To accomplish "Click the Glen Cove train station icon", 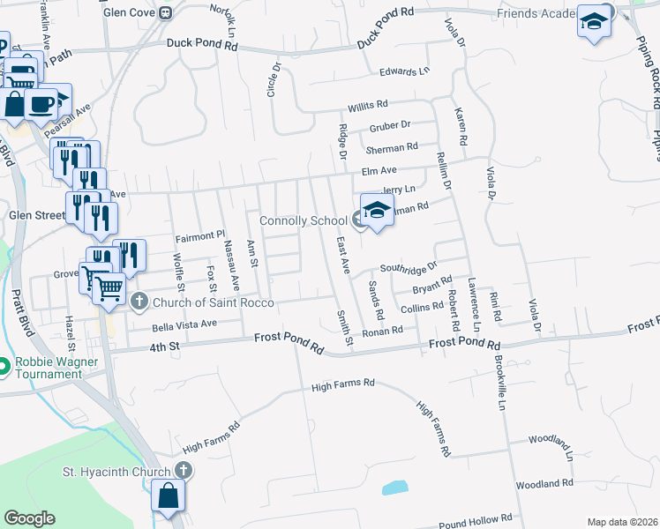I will [x=165, y=12].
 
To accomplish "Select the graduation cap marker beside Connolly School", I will [x=377, y=212].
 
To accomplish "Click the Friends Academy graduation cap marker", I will [x=595, y=22].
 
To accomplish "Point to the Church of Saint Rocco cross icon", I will [x=139, y=302].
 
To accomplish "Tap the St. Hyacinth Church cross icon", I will [x=183, y=471].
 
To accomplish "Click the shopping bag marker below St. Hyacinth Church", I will [x=168, y=496].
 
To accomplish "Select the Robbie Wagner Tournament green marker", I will [x=4, y=365].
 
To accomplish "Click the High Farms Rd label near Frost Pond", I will [x=344, y=384].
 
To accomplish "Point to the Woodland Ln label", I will [x=551, y=438].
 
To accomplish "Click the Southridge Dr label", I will [x=409, y=266].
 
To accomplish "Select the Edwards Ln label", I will [x=404, y=71].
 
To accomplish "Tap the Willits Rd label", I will [x=368, y=105].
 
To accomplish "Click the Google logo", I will [x=29, y=518].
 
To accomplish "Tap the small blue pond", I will [x=395, y=487].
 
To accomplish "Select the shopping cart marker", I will [x=109, y=287].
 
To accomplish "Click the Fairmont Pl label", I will [x=202, y=236].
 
